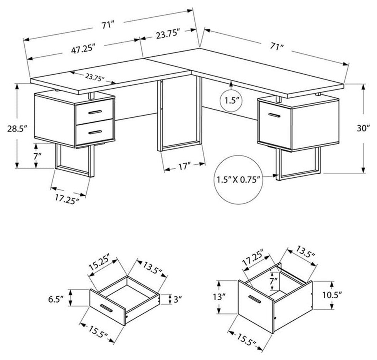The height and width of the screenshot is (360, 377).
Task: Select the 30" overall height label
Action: pyautogui.click(x=363, y=128)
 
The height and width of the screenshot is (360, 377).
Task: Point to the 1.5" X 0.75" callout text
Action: pyautogui.click(x=239, y=180)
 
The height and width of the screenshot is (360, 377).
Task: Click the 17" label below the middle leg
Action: pyautogui.click(x=184, y=166)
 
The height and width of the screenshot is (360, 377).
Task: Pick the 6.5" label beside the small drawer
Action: pyautogui.click(x=56, y=299)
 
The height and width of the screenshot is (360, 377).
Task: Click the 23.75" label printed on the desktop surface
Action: pyautogui.click(x=95, y=77)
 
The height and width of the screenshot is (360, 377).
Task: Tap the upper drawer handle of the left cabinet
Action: pyautogui.click(x=95, y=112)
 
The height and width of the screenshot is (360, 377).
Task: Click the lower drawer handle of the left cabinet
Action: pyautogui.click(x=95, y=132)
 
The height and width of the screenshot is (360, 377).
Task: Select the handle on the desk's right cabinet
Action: pyautogui.click(x=274, y=115)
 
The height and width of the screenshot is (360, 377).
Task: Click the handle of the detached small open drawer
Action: pyautogui.click(x=106, y=308)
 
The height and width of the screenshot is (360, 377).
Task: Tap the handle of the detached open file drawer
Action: pyautogui.click(x=255, y=299)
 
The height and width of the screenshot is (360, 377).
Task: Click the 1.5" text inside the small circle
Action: pyautogui.click(x=231, y=101)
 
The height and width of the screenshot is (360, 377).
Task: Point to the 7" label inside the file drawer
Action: pyautogui.click(x=273, y=280)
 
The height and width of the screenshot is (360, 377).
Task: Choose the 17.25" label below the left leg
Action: pyautogui.click(x=67, y=199)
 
